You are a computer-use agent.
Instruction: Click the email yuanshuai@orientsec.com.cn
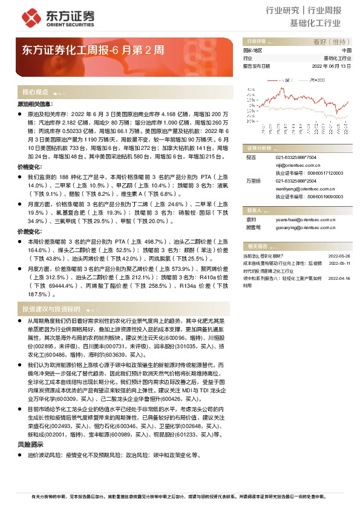(x=303, y=220)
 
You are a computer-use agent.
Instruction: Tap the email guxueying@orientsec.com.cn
(x=303, y=229)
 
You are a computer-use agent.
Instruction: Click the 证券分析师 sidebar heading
(x=258, y=148)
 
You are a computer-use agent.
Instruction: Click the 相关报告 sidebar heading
(x=258, y=246)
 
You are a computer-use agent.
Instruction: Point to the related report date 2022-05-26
(x=339, y=256)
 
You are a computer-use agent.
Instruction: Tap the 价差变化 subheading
(x=28, y=232)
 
